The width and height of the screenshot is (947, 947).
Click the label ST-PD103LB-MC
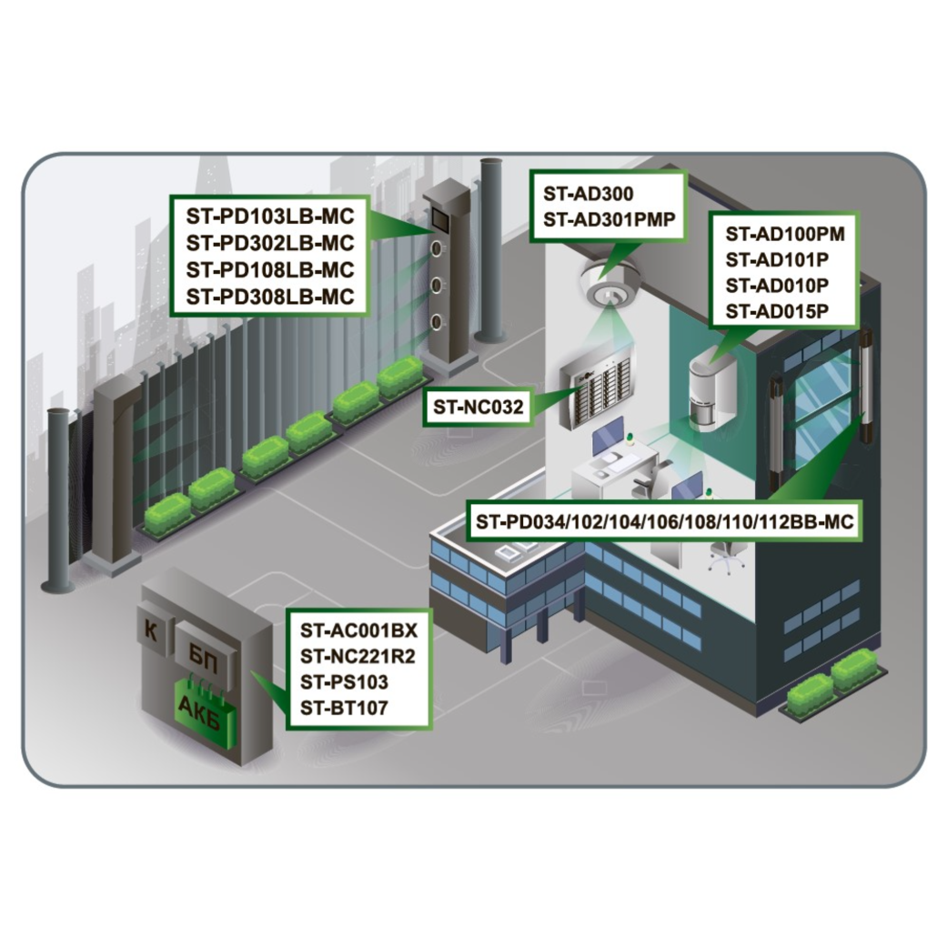click(269, 217)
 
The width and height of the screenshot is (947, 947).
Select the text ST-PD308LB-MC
click(269, 296)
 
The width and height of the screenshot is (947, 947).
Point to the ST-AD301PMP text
click(606, 219)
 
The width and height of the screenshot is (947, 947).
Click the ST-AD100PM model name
click(785, 234)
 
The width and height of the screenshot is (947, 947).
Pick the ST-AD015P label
click(777, 311)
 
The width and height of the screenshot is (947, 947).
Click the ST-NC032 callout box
click(479, 408)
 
